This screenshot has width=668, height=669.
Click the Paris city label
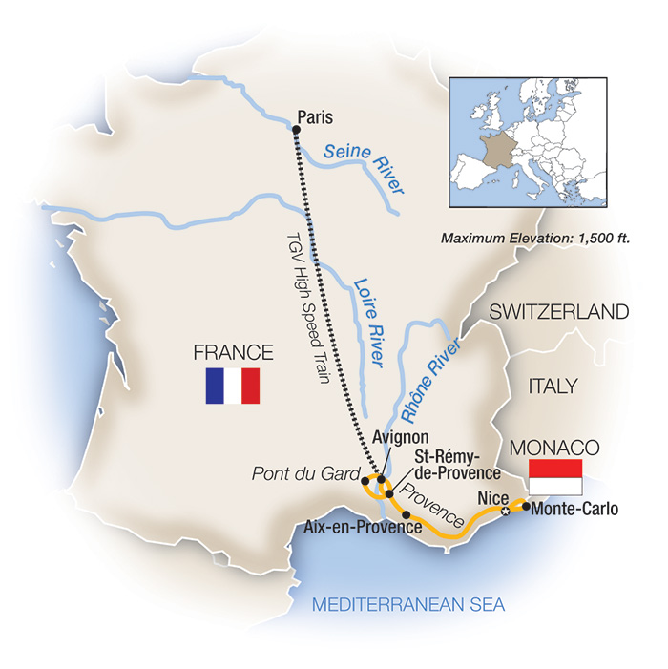[316, 117]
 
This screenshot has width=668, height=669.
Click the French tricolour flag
[233, 386]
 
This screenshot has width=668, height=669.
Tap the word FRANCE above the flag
[234, 350]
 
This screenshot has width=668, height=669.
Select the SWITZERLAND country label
[559, 312]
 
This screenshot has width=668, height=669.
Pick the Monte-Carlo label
[574, 509]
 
